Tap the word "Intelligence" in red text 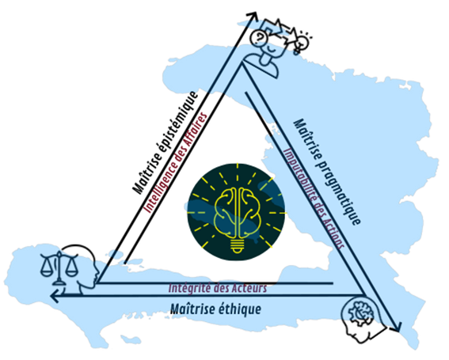coord(158,188)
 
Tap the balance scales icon coord(59,268)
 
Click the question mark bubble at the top coord(259,37)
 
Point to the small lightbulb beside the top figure coord(301,44)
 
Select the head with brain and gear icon coord(361,318)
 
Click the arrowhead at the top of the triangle coord(253,16)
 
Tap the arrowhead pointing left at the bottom coord(55,295)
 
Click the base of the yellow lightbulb coord(237,247)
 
